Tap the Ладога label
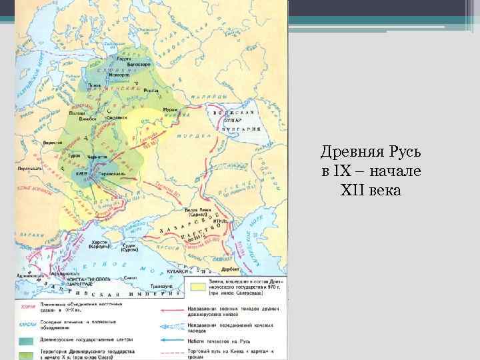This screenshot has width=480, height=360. tap(123, 58)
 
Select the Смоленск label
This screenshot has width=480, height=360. tap(122, 118)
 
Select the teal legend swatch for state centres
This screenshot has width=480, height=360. tap(27, 338)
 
